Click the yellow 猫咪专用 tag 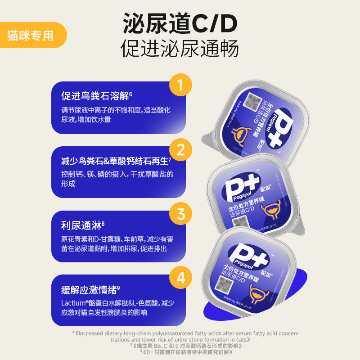pyautogui.click(x=30, y=35)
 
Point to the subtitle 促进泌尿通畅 pyautogui.click(x=180, y=49)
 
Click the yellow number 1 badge pyautogui.click(x=180, y=86)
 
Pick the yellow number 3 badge pyautogui.click(x=180, y=214)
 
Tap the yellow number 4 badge pyautogui.click(x=180, y=278)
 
